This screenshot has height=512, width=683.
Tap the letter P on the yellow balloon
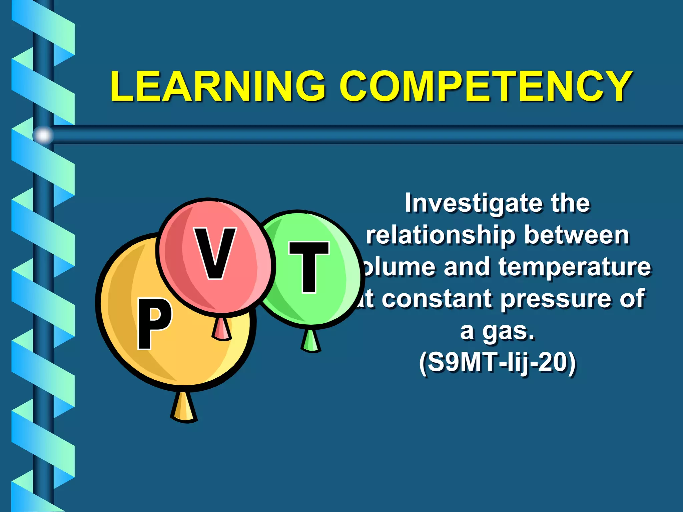(154, 323)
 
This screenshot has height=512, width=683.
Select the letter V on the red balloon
(215, 253)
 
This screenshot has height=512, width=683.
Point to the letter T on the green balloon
(309, 267)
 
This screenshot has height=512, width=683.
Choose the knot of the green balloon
(311, 341)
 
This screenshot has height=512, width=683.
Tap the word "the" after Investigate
(570, 203)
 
